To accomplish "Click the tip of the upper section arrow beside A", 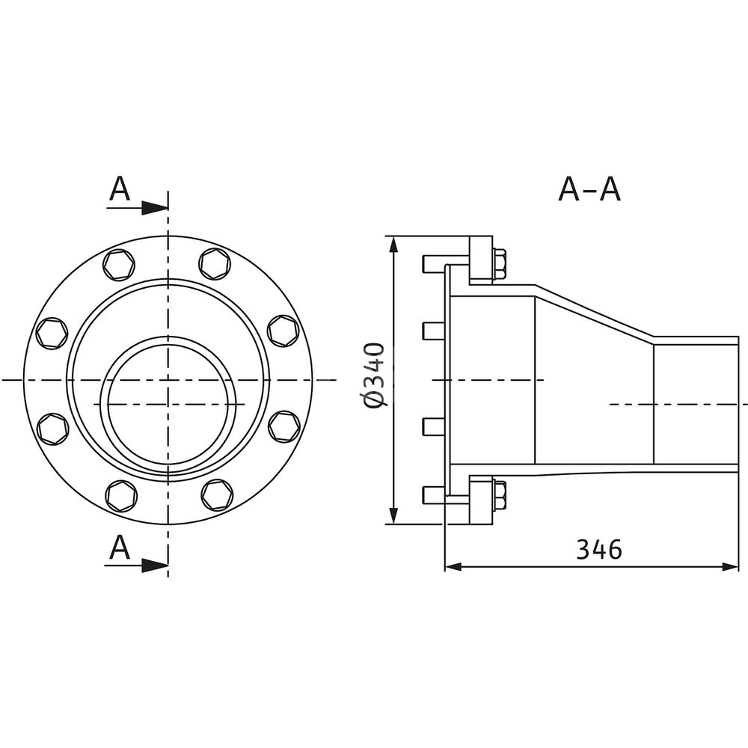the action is point(168,209).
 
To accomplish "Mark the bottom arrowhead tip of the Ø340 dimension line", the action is point(393,524).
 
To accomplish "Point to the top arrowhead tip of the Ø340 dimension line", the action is point(393,236).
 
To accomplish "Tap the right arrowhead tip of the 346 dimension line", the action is point(738,567).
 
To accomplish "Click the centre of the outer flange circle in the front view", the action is point(168,380).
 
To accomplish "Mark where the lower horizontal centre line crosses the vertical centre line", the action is point(168,404).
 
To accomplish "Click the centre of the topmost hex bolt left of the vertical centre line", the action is point(119,264).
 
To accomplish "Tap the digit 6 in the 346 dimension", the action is point(614,550).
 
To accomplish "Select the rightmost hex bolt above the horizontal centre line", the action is point(283,330).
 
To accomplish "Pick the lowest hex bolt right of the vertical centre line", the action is point(217,494).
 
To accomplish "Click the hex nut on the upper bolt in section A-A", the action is point(499,264).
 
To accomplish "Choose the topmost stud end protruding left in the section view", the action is point(433,264).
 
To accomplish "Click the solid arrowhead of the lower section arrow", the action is point(155,565).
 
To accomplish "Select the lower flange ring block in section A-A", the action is point(481,500).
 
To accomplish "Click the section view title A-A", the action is point(589,189).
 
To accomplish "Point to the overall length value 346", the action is point(600,550).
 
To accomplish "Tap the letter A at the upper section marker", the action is point(119,189).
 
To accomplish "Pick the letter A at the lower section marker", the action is point(119,547).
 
